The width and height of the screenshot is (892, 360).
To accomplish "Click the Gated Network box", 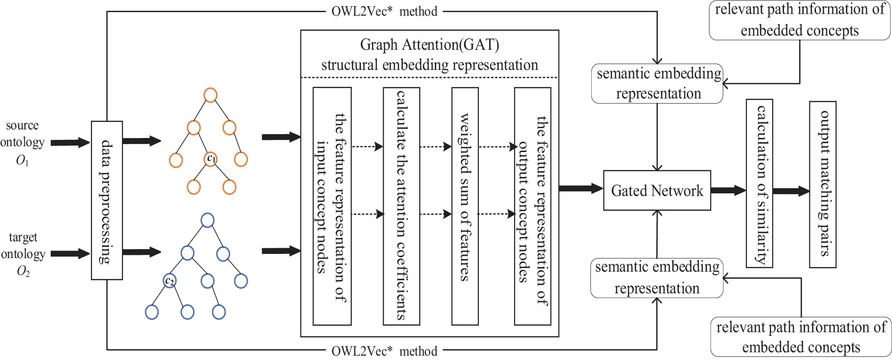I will tap(657, 190).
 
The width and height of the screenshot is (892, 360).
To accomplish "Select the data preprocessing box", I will tap(107, 200).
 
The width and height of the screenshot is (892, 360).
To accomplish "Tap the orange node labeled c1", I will tap(211, 159).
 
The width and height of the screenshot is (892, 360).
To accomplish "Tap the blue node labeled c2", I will tap(169, 281).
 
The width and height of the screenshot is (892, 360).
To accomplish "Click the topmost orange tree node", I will tap(210, 95).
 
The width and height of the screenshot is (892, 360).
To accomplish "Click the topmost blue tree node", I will tap(208, 220).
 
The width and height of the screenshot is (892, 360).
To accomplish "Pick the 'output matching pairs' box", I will tap(823, 184).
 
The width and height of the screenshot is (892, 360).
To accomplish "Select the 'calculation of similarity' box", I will tap(759, 183).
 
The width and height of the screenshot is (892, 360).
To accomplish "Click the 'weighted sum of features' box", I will tap(465, 206).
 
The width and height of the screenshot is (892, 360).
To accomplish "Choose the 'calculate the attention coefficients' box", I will tap(401, 206).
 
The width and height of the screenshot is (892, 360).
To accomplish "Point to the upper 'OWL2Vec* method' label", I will tap(384, 11).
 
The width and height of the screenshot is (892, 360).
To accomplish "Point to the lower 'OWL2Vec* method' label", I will tap(384, 351).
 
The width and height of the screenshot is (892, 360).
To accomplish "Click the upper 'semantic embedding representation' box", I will tap(657, 84).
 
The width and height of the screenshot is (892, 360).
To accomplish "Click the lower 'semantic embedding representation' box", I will tap(657, 278).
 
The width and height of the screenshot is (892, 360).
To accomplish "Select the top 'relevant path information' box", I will tap(800, 20).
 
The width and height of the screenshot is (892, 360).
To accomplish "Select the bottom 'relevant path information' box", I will tap(801, 337).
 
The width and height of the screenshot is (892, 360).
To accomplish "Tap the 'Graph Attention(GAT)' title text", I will tap(429, 45).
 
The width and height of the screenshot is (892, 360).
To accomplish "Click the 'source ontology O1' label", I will tap(22, 142).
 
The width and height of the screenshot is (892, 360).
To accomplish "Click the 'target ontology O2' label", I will tap(23, 254).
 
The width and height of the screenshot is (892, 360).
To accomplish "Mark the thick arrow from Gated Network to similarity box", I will tap(728, 190).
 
